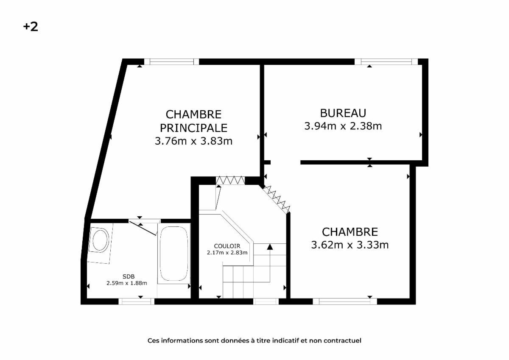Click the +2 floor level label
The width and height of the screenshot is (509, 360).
[x=31, y=27]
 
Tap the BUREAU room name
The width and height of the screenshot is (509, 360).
[x=343, y=113]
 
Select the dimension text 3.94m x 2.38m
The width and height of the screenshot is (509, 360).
[x=343, y=126]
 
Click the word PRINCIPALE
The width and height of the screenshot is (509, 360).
[x=193, y=128]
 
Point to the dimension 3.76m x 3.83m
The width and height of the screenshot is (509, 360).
[x=193, y=141]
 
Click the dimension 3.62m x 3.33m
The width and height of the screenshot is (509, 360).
[x=350, y=245]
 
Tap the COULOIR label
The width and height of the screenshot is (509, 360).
[x=227, y=246]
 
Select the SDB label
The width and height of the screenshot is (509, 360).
[x=129, y=276]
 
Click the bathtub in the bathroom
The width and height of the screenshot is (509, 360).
[x=174, y=254]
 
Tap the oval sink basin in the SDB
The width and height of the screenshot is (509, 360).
[x=100, y=240]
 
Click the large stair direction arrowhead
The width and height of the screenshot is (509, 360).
[x=270, y=247]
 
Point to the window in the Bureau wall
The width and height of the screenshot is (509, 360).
[x=386, y=61]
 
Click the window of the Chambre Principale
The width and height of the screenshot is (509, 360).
[x=171, y=61]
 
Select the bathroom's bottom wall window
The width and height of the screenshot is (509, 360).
[x=136, y=301]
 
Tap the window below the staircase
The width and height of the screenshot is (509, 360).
[x=266, y=301]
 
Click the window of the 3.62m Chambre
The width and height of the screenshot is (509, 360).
[x=345, y=301]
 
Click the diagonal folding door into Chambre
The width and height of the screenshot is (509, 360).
[x=276, y=198]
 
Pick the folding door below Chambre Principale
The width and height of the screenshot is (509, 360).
[x=230, y=180]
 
